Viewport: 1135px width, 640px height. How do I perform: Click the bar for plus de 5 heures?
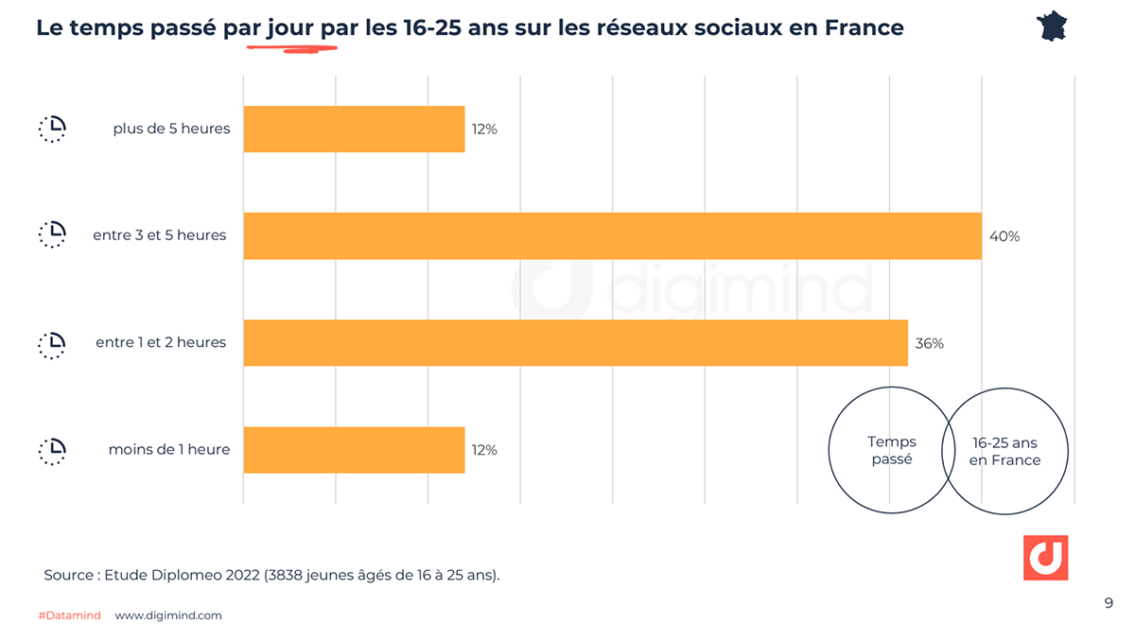coord(354,129)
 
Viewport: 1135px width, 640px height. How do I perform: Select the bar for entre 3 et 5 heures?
coord(612,235)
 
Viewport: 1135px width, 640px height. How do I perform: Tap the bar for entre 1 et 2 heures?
coord(575,342)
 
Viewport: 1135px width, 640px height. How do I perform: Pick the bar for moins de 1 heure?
coord(354,449)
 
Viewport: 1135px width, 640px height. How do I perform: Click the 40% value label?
coord(1004,236)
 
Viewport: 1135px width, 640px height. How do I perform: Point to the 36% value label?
coord(929,343)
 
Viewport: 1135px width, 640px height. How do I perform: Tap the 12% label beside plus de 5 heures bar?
coord(484,130)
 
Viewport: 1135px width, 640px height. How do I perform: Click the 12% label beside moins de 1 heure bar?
coord(484,450)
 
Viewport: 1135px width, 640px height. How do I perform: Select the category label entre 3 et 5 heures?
coord(160,235)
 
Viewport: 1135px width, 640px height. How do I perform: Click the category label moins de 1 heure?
coord(169,449)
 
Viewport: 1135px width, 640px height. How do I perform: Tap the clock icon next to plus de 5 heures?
coord(53,129)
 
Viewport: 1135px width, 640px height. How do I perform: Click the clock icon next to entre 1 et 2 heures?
coord(53,343)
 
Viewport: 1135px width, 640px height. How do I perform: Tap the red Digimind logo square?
coord(1045,558)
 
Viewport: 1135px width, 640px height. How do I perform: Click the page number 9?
coord(1109,603)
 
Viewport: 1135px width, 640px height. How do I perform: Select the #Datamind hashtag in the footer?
coord(69,615)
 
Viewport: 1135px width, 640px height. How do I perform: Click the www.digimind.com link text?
coord(168,615)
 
